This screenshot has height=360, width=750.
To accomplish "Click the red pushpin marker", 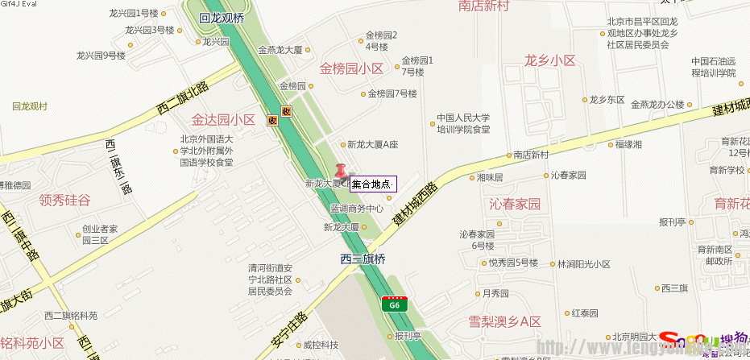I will click(x=341, y=172).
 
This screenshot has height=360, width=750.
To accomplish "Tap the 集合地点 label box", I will click(x=373, y=184).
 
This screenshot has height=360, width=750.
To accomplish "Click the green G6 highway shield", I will click(x=394, y=304).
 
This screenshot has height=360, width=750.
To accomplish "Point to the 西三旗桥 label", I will click(x=363, y=259).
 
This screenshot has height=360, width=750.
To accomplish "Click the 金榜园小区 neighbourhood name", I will click(x=351, y=68).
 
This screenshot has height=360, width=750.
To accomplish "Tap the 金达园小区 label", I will click(x=223, y=120).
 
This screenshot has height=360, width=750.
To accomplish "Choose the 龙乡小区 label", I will click(x=549, y=60).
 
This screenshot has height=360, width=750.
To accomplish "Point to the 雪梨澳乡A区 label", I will click(x=505, y=321).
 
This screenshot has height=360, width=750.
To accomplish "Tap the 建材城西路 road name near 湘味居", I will click(x=415, y=205).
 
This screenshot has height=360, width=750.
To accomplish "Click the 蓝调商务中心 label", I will click(x=356, y=208).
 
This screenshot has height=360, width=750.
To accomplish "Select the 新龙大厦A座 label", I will click(x=373, y=145).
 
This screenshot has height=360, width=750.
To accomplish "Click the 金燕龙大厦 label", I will click(x=280, y=50).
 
